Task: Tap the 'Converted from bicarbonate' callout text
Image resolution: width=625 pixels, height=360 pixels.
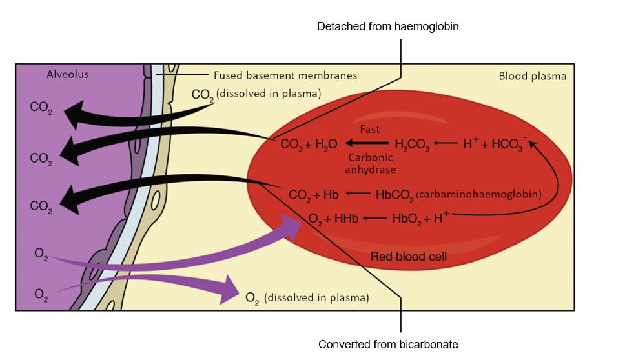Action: [388, 344]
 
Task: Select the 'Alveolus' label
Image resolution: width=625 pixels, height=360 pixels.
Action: [68, 74]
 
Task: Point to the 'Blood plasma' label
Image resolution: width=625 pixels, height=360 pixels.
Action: [532, 76]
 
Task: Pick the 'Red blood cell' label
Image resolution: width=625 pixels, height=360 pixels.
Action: [409, 257]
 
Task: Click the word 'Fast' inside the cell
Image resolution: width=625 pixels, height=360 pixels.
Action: [370, 129]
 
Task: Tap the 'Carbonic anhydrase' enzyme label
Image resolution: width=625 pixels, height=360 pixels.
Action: [371, 163]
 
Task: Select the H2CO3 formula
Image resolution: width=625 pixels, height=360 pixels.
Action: [412, 145]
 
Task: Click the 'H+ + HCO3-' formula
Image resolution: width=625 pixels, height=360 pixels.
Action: [495, 144]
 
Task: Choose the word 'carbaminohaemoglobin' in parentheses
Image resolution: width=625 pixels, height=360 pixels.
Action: [478, 194]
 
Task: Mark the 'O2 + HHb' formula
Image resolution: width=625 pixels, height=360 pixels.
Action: [333, 218]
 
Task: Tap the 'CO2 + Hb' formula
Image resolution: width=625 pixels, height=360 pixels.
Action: [314, 194]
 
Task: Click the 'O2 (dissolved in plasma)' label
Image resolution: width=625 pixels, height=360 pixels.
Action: [307, 298]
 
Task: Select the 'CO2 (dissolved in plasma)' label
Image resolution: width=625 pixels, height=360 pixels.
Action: [256, 94]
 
